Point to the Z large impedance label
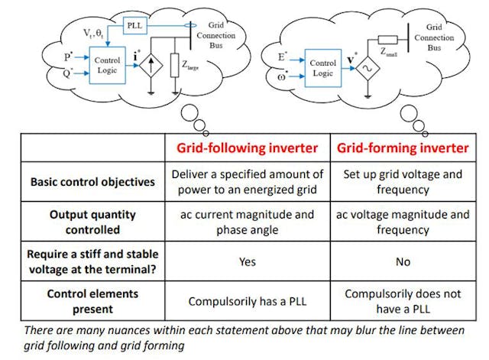pyautogui.click(x=189, y=66)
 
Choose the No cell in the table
pyautogui.click(x=403, y=261)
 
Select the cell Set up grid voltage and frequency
pyautogui.click(x=403, y=181)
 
